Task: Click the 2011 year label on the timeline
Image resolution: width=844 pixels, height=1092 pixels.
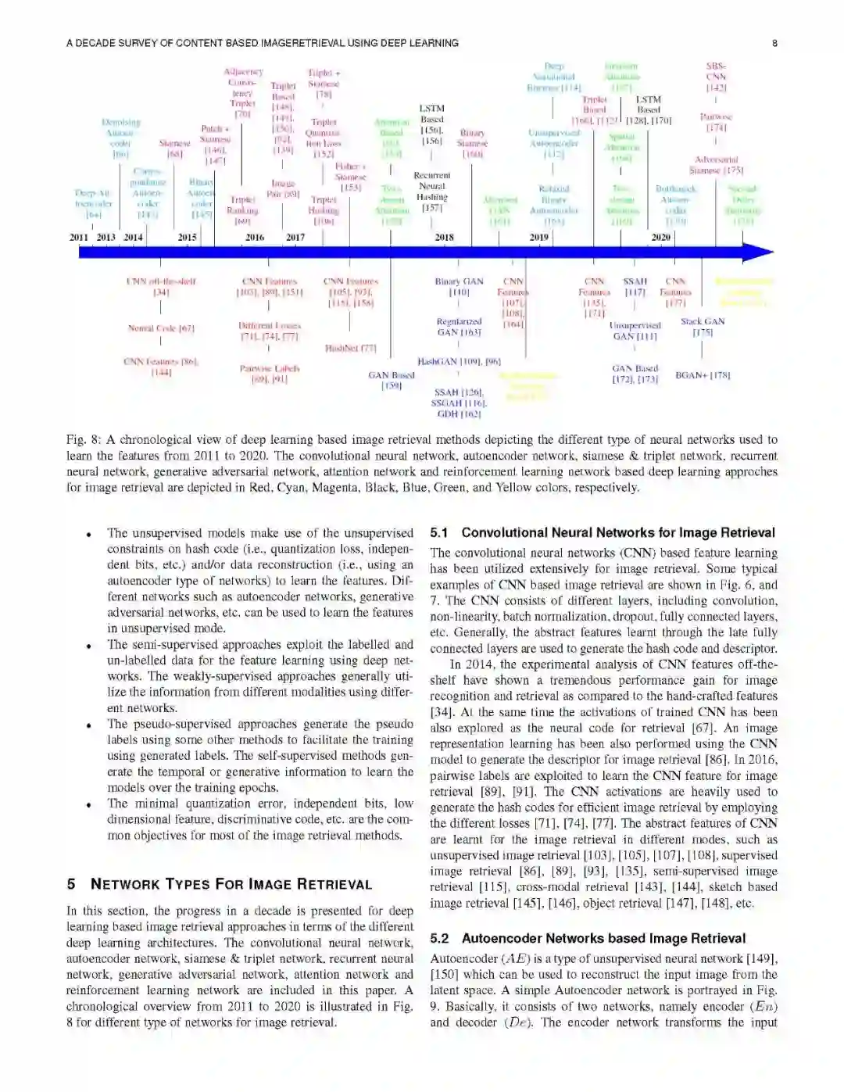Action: [x=79, y=238]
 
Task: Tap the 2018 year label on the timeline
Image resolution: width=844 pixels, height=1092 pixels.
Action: [x=444, y=238]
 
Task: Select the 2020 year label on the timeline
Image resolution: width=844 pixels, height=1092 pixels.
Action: [x=660, y=238]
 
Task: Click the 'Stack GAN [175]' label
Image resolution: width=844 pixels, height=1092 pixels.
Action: [x=703, y=327]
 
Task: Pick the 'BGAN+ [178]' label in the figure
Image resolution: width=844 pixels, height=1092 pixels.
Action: [x=703, y=375]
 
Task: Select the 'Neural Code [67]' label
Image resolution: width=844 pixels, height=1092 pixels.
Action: [x=161, y=328]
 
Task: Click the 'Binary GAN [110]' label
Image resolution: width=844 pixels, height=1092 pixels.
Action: [x=459, y=287]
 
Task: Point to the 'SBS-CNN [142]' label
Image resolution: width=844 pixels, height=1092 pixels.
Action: [x=716, y=77]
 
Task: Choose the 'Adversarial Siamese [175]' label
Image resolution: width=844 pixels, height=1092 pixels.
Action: [x=716, y=164]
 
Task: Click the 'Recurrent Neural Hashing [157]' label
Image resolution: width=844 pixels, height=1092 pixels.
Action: [x=432, y=192]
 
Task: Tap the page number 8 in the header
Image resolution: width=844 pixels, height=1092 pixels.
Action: [x=774, y=43]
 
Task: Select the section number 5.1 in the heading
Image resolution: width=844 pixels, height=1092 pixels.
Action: [x=439, y=533]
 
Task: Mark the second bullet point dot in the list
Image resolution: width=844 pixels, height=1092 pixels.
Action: [x=90, y=646]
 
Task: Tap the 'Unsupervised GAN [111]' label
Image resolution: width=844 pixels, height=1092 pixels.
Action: [x=635, y=331]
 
